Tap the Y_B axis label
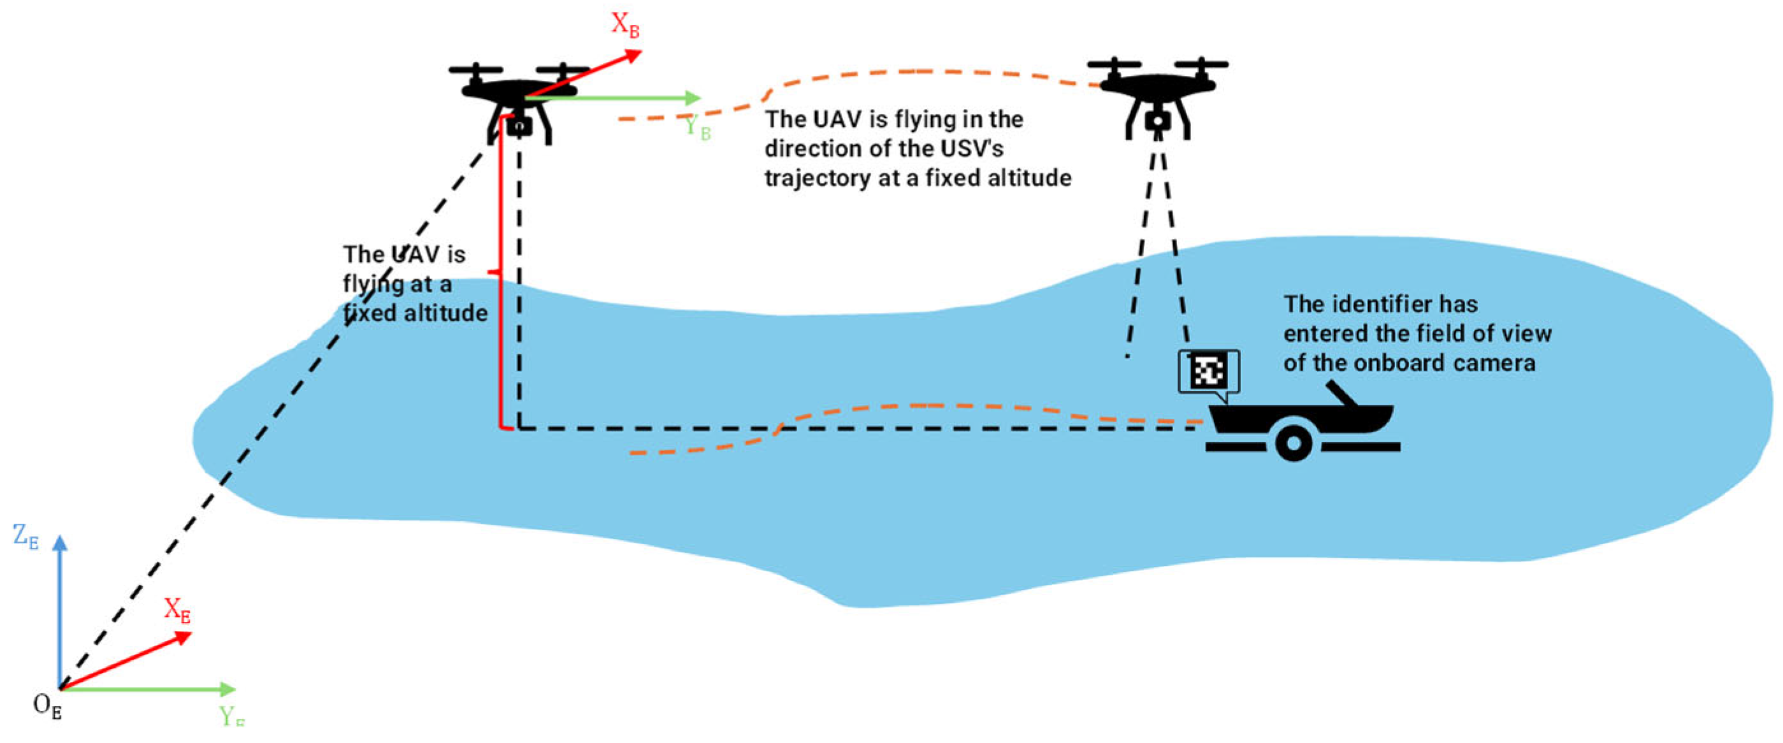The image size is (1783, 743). pyautogui.click(x=697, y=127)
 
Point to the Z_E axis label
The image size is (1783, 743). pyautogui.click(x=25, y=537)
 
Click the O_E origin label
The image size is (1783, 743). pyautogui.click(x=47, y=706)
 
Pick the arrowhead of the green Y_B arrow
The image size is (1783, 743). pyautogui.click(x=693, y=97)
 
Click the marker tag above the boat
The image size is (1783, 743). pyautogui.click(x=1208, y=372)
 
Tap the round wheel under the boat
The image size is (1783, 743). pyautogui.click(x=1293, y=442)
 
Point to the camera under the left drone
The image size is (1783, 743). pyautogui.click(x=519, y=127)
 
